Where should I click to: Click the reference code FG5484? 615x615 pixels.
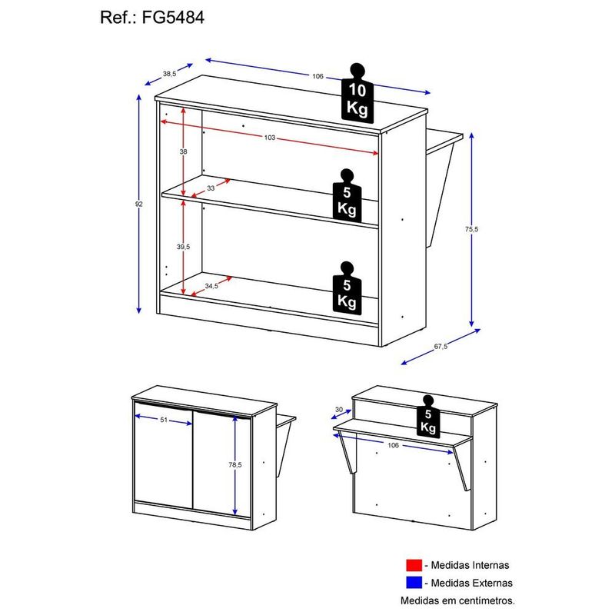173,18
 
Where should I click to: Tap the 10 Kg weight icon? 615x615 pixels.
357,93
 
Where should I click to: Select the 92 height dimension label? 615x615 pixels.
139,204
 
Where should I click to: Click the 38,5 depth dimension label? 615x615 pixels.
169,73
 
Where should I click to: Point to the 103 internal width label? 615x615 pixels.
270,138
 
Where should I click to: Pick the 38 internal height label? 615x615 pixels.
183,151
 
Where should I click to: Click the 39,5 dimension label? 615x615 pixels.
183,247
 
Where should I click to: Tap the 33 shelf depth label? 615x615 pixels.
211,188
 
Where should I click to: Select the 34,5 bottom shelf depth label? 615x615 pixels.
211,286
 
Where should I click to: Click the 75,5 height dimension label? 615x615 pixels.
471,229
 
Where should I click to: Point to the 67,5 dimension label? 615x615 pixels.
440,347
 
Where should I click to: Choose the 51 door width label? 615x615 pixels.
164,420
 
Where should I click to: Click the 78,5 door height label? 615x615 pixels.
235,465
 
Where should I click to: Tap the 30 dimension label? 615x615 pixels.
339,410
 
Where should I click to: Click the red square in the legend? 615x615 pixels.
414,565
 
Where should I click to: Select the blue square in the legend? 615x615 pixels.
414,583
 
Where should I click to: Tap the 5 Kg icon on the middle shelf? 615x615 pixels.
347,196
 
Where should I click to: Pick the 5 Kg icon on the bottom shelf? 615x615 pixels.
347,288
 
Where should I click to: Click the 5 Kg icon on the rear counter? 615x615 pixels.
428,417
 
